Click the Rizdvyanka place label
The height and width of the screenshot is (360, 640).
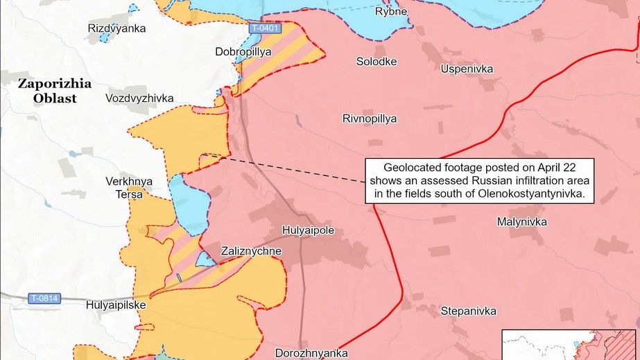117,28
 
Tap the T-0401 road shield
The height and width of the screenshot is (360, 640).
266,28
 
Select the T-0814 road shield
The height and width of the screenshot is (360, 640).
44,298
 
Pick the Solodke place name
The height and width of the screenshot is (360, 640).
377,62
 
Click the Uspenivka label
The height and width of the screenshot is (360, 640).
467,69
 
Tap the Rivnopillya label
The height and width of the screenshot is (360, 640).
370,119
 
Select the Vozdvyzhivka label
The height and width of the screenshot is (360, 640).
140,98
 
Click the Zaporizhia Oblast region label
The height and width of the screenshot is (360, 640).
55,91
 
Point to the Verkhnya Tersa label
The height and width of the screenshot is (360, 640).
129,188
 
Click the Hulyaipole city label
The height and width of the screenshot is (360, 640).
309,229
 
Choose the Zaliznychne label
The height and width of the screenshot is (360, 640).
251,251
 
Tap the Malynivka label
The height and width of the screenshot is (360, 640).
522,222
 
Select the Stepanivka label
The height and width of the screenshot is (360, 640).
469,311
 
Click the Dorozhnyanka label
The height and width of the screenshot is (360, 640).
311,352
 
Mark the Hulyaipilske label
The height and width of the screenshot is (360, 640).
115,304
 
